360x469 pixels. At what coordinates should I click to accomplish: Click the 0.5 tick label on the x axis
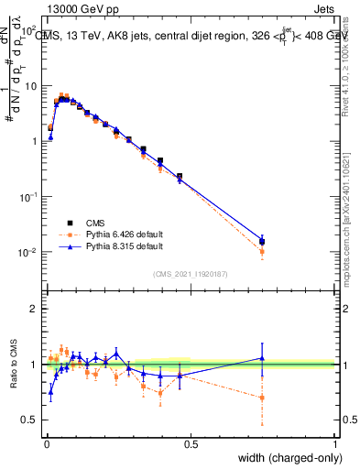[191, 444]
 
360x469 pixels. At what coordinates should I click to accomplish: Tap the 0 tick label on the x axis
[46, 444]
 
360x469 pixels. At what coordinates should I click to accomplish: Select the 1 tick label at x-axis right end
[335, 444]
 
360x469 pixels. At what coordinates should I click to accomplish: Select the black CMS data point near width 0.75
[263, 242]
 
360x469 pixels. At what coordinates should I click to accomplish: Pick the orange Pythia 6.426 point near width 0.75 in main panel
[263, 251]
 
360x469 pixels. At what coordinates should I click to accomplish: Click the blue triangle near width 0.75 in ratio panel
[263, 358]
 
